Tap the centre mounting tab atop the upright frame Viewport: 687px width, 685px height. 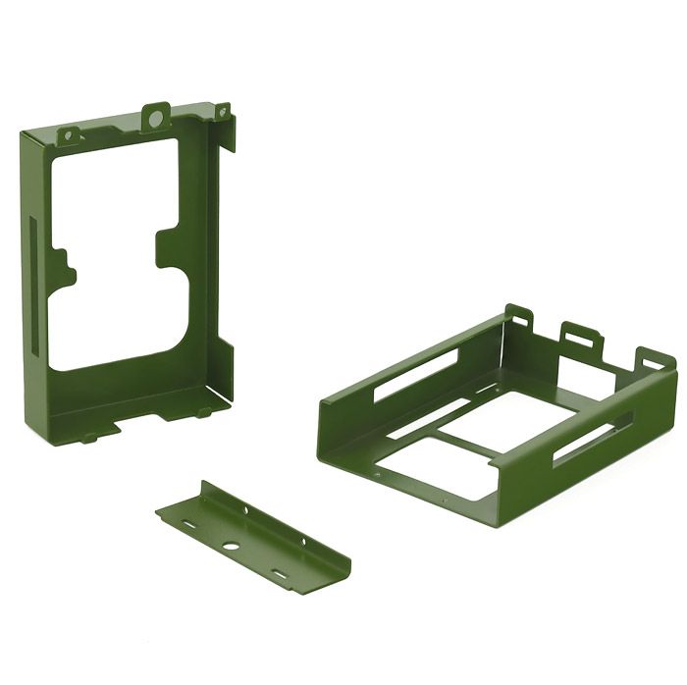(155, 118)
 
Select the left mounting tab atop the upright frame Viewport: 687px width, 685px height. (69, 134)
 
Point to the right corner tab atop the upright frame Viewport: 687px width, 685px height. (224, 112)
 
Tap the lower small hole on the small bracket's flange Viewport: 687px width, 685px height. (302, 541)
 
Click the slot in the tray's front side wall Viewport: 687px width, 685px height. (592, 439)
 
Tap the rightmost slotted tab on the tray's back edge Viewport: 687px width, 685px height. (654, 360)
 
